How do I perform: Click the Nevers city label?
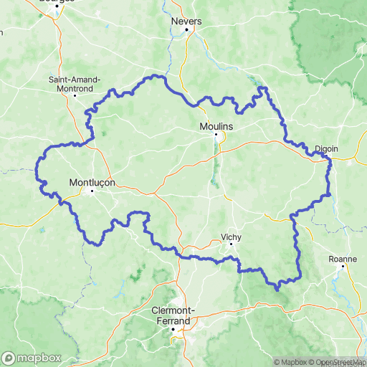tap(186, 21)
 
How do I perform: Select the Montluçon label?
tap(92, 182)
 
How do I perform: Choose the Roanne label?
tap(343, 259)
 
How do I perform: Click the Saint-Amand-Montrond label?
tap(75, 83)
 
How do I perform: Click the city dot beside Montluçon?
tap(92, 191)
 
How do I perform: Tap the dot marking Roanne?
tap(343, 267)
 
